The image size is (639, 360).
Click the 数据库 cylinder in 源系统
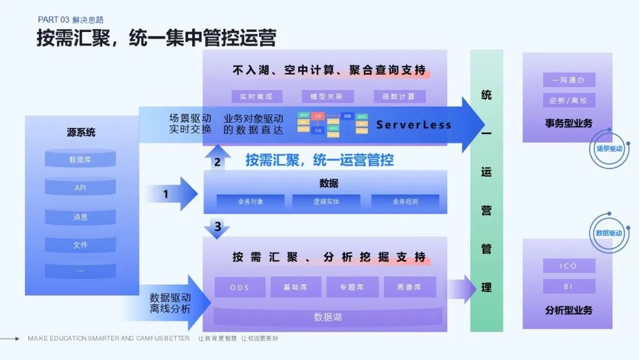[80, 160]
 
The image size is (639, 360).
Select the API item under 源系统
[80, 188]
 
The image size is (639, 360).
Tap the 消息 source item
[80, 217]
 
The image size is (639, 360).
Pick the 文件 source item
[80, 245]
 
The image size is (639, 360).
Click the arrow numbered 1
[172, 194]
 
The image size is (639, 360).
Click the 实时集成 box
[257, 97]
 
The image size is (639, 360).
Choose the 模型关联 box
[327, 97]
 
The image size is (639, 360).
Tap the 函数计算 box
[399, 97]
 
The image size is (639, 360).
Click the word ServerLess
[414, 125]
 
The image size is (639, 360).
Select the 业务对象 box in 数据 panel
[251, 202]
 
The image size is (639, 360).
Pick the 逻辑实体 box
[327, 202]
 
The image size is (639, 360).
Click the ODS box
[240, 288]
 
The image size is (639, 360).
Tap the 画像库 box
[410, 288]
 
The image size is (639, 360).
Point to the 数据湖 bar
[327, 317]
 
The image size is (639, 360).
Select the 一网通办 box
[569, 80]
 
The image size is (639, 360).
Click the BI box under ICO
[569, 287]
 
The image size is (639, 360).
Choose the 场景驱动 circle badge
[609, 149]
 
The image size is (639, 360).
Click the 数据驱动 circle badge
[609, 233]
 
